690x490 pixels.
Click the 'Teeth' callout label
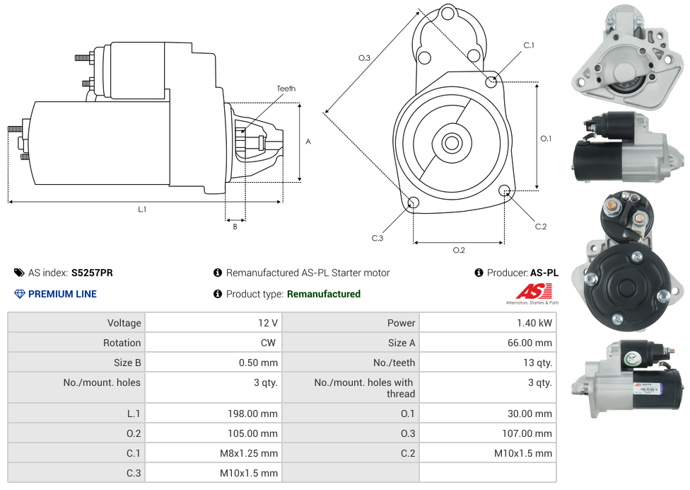pos(286,89)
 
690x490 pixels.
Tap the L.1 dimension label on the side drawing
pos(142,209)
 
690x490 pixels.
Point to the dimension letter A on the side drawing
pos(308,142)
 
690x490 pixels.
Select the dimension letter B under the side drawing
pos(235,227)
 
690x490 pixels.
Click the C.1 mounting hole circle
pos(491,82)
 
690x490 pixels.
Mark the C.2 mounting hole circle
pos(505,190)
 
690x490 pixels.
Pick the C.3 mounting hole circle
pos(414,204)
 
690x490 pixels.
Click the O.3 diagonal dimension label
pos(364,58)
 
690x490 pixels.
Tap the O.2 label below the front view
pos(459,250)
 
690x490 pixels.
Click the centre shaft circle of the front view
pos(451,143)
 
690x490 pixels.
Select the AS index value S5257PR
pos(92,273)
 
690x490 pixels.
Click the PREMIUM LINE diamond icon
pos(20,294)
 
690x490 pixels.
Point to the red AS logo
pos(533,291)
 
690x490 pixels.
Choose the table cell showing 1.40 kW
pos(534,323)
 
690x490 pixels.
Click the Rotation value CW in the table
pos(269,343)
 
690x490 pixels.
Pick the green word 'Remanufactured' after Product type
pos(323,294)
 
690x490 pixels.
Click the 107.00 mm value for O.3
pos(525,433)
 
